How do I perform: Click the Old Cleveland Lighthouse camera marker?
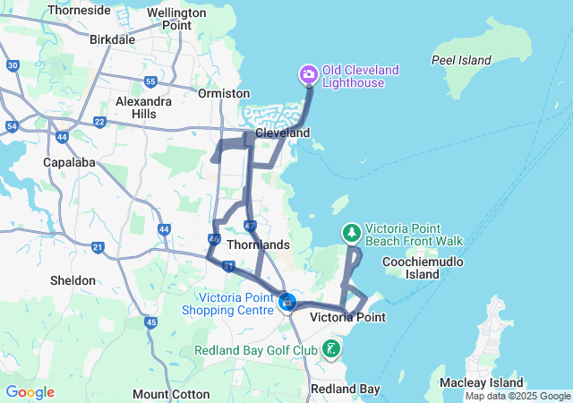(x=308, y=73)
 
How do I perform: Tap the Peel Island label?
(x=461, y=60)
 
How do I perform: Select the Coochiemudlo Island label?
(x=410, y=268)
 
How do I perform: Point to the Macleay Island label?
(x=475, y=383)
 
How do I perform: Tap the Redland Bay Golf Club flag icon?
(x=332, y=348)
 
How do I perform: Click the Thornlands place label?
(x=258, y=244)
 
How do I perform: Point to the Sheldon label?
(x=73, y=280)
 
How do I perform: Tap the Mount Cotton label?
(x=171, y=394)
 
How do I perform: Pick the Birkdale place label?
(x=113, y=39)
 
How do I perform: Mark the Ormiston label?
(x=224, y=93)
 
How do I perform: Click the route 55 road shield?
(x=150, y=81)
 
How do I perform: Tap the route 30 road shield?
(x=12, y=65)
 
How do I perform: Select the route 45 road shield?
(x=150, y=322)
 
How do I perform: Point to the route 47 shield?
(x=250, y=226)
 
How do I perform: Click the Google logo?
(x=30, y=392)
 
